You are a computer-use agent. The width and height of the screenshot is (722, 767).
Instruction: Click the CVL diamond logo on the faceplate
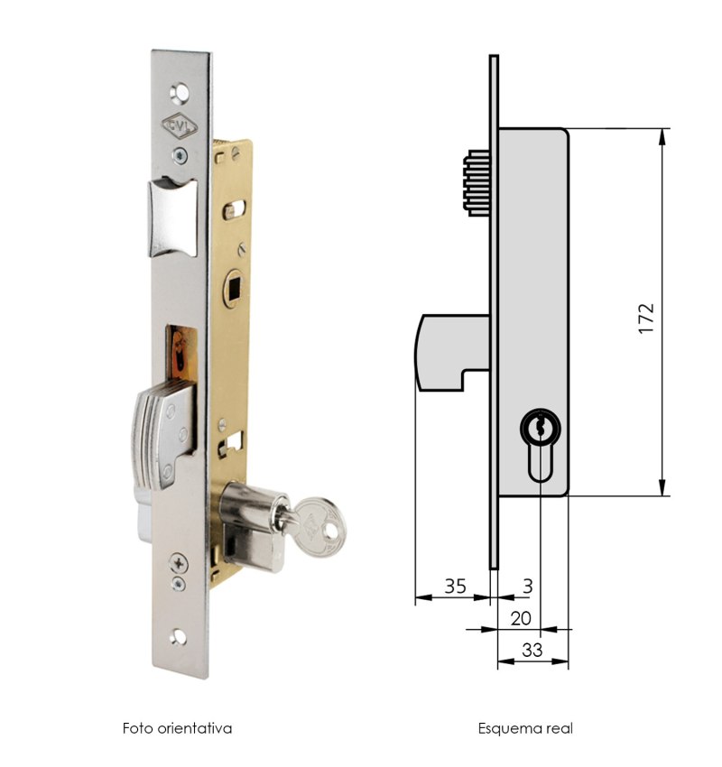tap(180, 126)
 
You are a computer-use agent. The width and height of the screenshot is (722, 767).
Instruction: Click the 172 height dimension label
tap(646, 319)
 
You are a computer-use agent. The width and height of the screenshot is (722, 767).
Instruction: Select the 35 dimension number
tap(455, 586)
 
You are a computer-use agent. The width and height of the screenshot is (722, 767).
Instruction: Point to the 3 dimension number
tap(527, 586)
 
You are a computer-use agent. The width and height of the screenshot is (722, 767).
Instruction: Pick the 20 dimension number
tap(521, 619)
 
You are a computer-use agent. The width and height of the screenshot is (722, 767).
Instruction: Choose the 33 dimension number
tap(532, 650)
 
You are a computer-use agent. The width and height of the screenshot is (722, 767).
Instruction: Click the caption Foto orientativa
tap(177, 728)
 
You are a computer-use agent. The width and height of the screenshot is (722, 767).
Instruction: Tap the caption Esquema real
tap(525, 728)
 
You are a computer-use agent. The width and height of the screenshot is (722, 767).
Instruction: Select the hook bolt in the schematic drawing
tap(452, 352)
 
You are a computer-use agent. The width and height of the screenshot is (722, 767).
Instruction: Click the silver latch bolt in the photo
tap(172, 217)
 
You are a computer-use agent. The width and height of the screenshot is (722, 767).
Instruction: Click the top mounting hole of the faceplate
tap(180, 93)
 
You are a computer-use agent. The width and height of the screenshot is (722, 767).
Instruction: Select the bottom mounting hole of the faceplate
tap(178, 637)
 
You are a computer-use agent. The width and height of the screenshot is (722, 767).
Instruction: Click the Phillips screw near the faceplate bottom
tap(179, 563)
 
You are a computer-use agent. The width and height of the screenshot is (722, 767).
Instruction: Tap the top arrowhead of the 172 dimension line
tap(662, 137)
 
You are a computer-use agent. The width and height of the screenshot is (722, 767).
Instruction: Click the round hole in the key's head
tap(333, 531)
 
